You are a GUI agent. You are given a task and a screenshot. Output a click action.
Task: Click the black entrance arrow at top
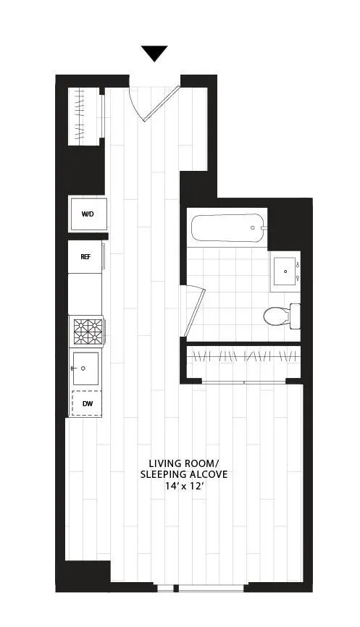pos(154,54)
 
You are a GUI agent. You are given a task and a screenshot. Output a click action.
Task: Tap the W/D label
pos(88,214)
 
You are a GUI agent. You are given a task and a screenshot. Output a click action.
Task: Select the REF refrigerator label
pos(85,257)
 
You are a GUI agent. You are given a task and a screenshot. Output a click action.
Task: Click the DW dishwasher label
pos(87,403)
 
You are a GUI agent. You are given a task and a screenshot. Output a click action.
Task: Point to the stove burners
pos(87,332)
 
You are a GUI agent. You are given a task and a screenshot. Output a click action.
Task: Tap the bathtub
pos(227,228)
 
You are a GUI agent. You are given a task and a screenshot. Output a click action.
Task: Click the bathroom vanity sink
pos(286,272)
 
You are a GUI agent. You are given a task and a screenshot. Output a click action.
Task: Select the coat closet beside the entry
pos(86,116)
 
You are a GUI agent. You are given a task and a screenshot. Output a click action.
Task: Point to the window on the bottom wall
pos(210,586)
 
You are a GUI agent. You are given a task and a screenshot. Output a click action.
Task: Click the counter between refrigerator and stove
pos(85,293)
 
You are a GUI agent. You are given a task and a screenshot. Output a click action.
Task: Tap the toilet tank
pos(295,316)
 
